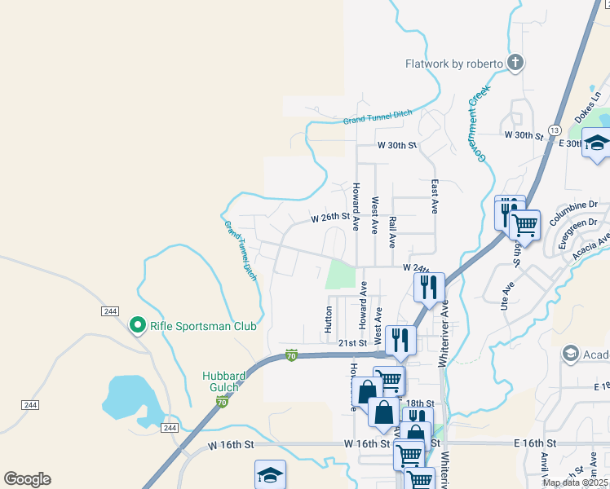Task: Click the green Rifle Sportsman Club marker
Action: (x=138, y=326)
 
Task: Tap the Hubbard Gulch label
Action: (x=224, y=381)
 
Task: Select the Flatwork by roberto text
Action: (x=453, y=64)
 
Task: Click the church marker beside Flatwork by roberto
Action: (x=515, y=62)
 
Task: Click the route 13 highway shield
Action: (x=555, y=130)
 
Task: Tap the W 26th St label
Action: (x=329, y=218)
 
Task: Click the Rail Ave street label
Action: (x=393, y=232)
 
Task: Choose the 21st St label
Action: (x=353, y=343)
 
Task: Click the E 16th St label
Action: (x=534, y=443)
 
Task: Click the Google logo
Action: (x=27, y=479)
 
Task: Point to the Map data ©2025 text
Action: (x=575, y=482)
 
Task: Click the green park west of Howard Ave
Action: (x=340, y=274)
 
